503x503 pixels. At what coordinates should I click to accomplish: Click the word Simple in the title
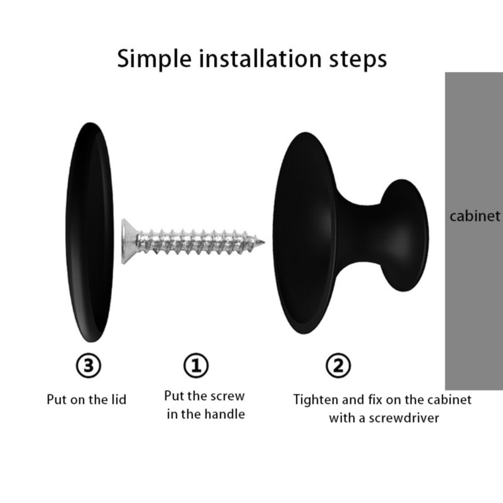tap(154, 60)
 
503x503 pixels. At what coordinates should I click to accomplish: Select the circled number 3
tap(89, 365)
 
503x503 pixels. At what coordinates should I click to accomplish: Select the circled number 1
tap(196, 365)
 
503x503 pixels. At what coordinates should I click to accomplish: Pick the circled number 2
tap(338, 365)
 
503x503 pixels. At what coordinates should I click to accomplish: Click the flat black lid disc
tap(89, 232)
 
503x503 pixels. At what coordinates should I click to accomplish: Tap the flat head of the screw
tap(128, 241)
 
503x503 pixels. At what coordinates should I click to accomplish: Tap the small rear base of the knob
tap(405, 235)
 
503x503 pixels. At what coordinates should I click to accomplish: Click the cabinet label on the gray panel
tap(475, 216)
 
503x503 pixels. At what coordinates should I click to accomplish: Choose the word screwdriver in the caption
tap(404, 418)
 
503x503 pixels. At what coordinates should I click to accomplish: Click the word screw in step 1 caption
tap(228, 396)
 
